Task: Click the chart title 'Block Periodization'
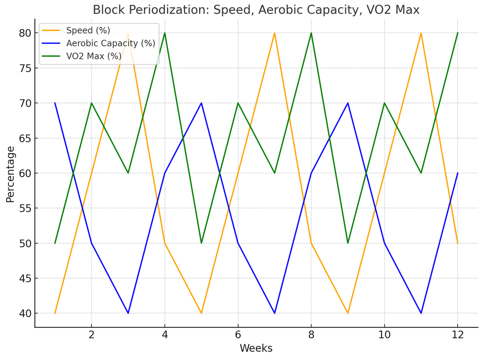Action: (256, 10)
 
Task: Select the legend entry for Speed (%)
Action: (88, 31)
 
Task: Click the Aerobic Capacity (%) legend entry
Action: (111, 43)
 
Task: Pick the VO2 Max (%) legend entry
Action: (94, 56)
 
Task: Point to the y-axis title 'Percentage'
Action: (10, 174)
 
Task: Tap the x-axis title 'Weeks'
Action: (256, 349)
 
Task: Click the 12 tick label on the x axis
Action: (458, 334)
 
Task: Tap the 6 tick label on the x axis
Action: (238, 334)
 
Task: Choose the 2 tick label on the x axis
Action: (91, 334)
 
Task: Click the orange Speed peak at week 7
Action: (275, 33)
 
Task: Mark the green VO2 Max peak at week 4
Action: (164, 33)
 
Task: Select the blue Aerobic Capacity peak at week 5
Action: (201, 103)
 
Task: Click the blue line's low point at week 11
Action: (421, 313)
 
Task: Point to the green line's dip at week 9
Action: (348, 243)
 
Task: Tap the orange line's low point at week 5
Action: (201, 313)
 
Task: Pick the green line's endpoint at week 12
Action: (458, 33)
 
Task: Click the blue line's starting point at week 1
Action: (55, 103)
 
